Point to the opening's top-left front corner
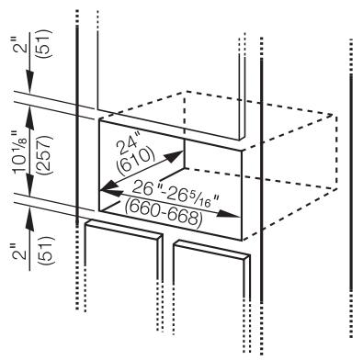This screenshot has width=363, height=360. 98,118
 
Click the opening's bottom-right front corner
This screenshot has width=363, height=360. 244,240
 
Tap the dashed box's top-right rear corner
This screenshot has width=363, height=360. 333,116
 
